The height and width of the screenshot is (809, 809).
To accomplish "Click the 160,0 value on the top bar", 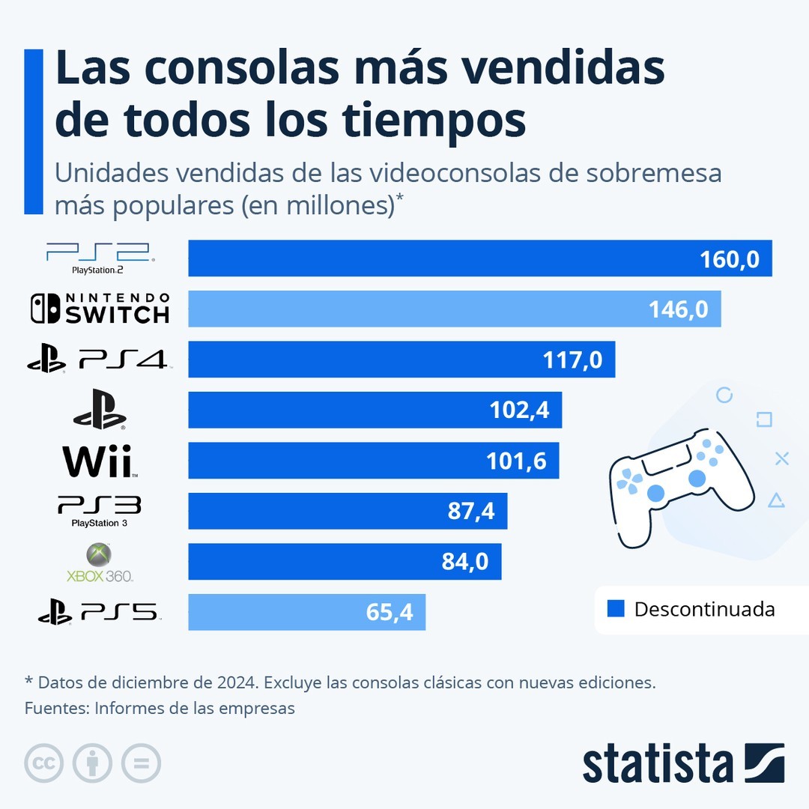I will coord(730,259).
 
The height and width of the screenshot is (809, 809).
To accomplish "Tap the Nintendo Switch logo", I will coord(100,309).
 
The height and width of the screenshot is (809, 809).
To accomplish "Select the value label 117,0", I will coord(572,360).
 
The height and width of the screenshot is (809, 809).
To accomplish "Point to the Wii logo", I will coord(98,461).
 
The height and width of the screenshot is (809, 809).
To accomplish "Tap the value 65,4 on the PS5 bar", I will coord(390,613).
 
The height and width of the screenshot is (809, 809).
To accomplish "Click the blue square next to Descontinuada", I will coord(616,609).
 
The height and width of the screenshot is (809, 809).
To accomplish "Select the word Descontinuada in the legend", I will coord(704,609).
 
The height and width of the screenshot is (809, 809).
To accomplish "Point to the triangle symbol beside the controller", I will coord(777,500).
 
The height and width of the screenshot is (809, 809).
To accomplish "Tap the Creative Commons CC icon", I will coord(43,764).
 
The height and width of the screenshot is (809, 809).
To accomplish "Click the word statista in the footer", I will coord(658,764).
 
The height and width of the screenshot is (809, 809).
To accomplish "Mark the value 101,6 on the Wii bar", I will coord(516,461).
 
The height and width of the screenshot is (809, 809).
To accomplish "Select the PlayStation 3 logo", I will coord(100,511).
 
